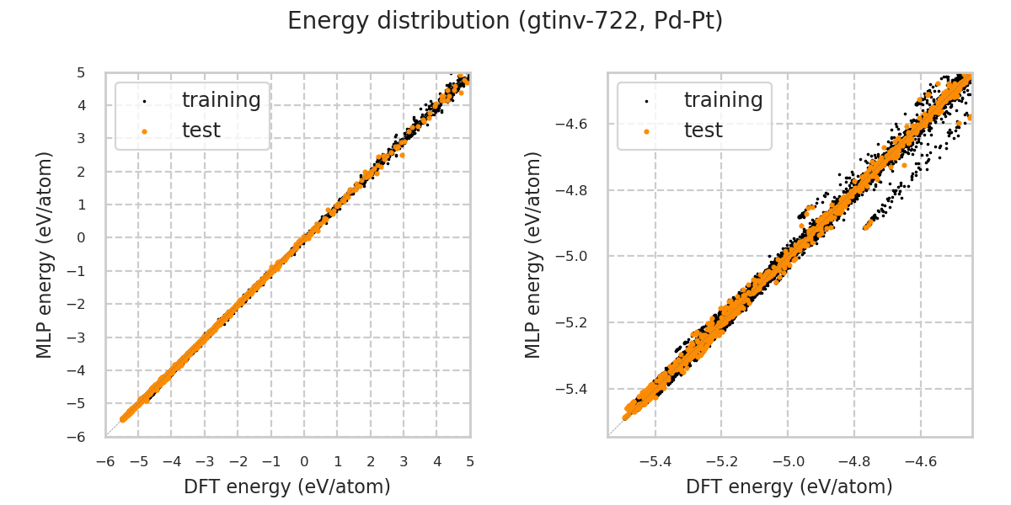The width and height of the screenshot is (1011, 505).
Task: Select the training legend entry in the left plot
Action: click(221, 100)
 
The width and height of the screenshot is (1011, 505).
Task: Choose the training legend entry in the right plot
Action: click(723, 100)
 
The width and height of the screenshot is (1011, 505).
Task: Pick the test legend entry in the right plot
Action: click(703, 130)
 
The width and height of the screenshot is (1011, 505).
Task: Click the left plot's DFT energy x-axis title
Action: click(287, 486)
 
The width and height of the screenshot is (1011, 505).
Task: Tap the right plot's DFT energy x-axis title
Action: click(789, 486)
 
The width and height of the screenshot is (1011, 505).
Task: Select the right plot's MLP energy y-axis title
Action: click(533, 254)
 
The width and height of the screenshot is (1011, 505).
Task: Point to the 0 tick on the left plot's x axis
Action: click(304, 461)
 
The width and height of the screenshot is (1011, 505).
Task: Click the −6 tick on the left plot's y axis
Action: click(82, 437)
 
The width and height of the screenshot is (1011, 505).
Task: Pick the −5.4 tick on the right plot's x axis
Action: click(655, 461)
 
